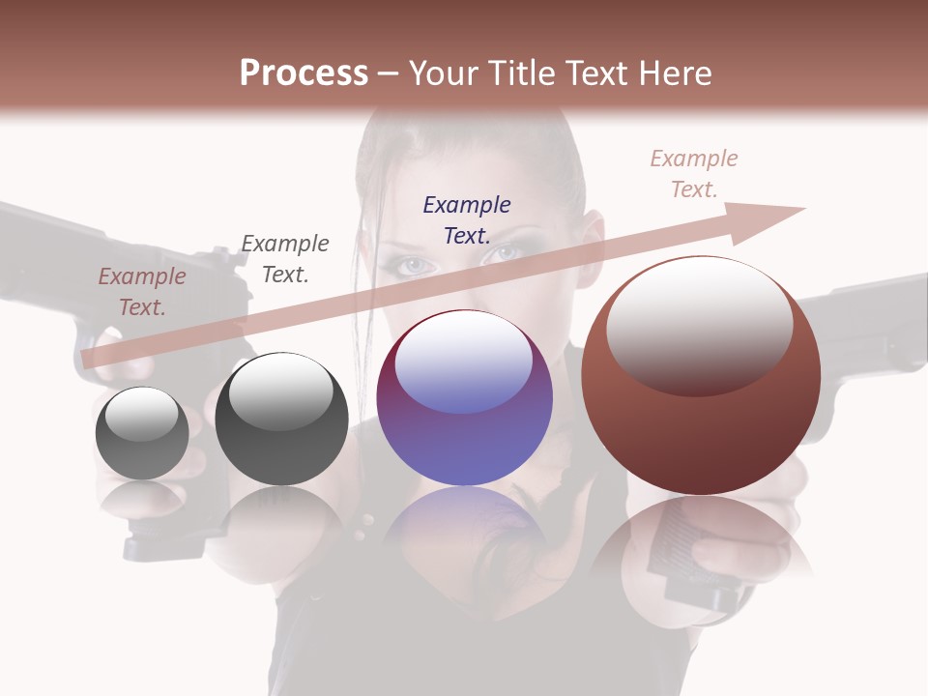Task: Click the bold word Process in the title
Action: [x=304, y=73]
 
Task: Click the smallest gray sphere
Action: [x=142, y=433]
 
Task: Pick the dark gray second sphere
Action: [x=281, y=420]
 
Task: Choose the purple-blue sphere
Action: [x=464, y=398]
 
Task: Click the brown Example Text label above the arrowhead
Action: [x=694, y=174]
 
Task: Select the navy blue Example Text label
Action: [x=467, y=219]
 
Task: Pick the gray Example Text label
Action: [x=285, y=258]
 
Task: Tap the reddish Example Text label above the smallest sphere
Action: [x=142, y=291]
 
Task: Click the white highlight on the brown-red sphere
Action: [x=699, y=324]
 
